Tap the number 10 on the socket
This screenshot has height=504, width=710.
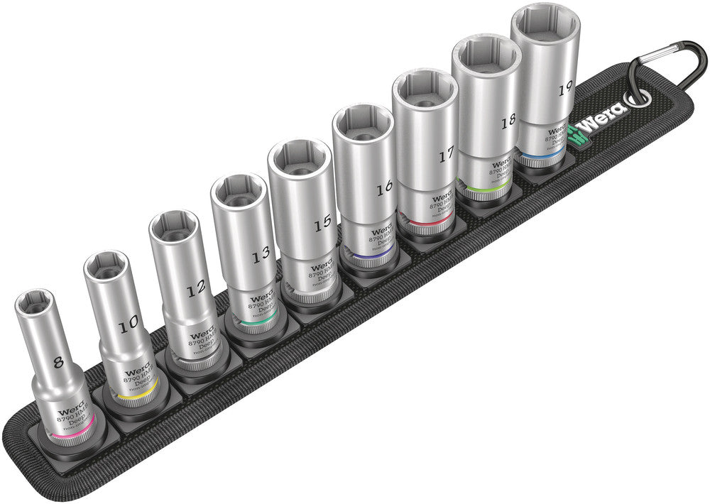(x=129, y=326)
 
